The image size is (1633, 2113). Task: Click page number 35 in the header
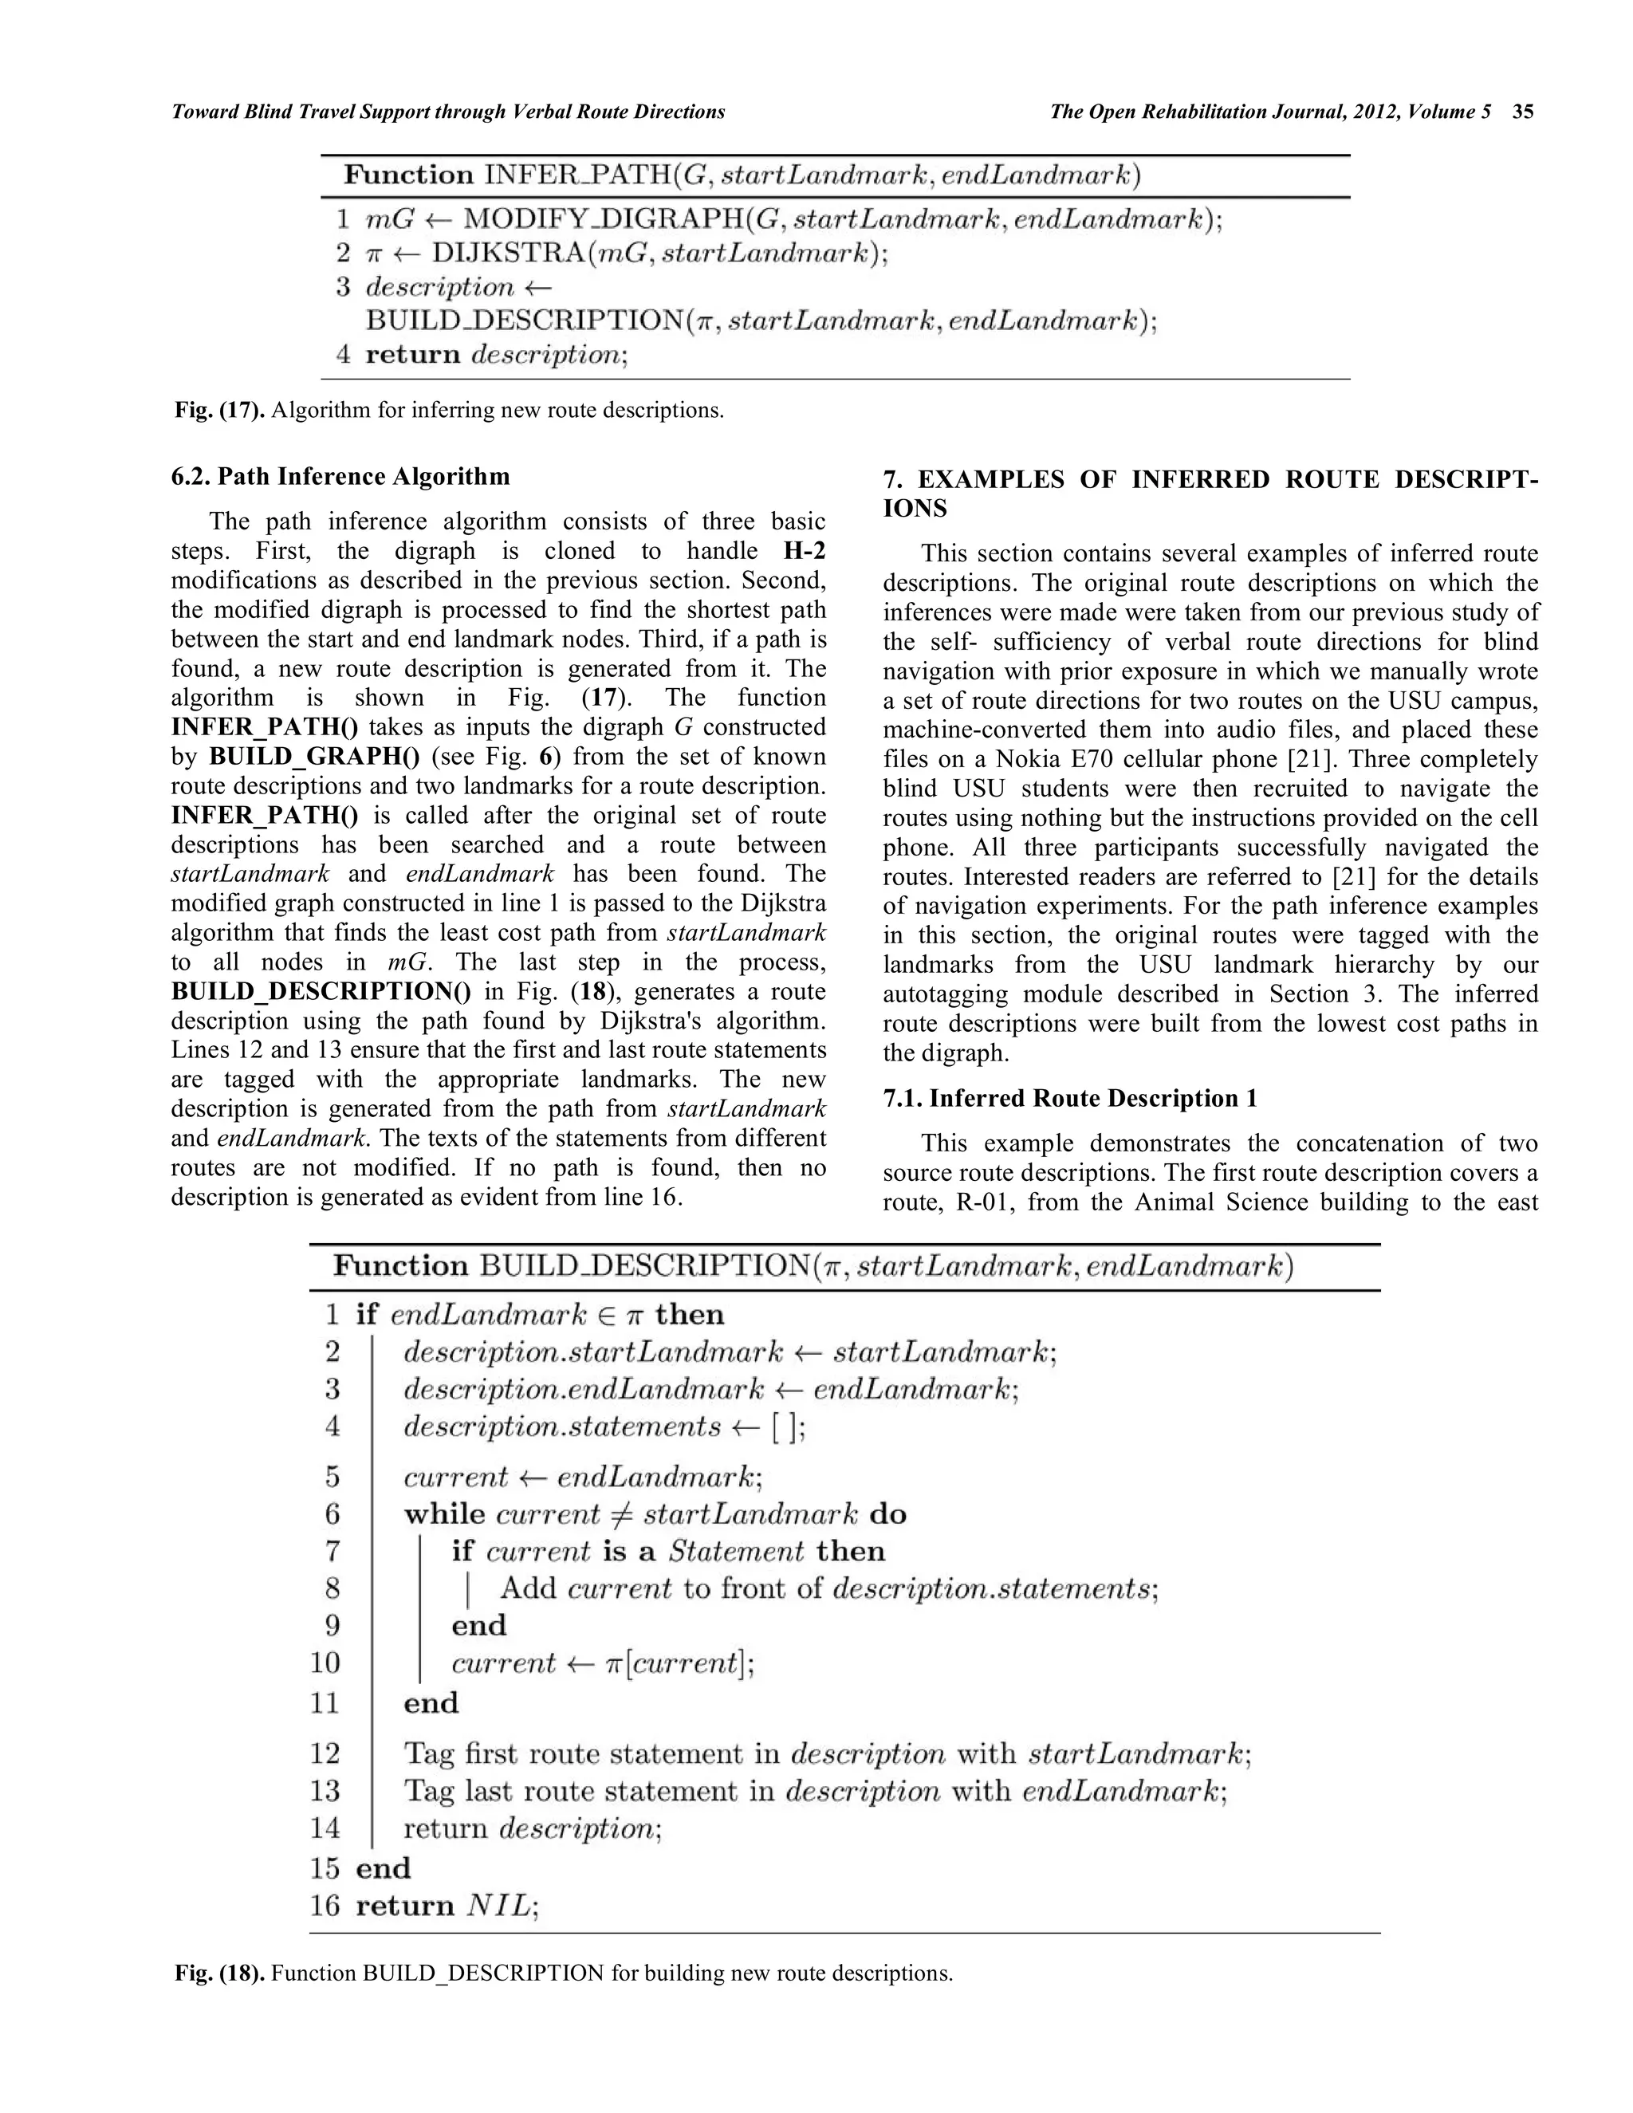point(1523,112)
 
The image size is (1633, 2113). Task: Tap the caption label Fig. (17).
point(219,410)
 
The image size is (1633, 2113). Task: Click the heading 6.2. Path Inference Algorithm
point(340,477)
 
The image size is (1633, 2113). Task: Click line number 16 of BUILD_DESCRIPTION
point(325,1905)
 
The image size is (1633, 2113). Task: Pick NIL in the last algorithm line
point(498,1905)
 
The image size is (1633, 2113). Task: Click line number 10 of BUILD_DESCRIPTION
point(325,1663)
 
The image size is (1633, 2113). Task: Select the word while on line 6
point(444,1514)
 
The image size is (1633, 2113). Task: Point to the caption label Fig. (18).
point(219,1973)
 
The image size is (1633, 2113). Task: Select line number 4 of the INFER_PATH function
point(342,354)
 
